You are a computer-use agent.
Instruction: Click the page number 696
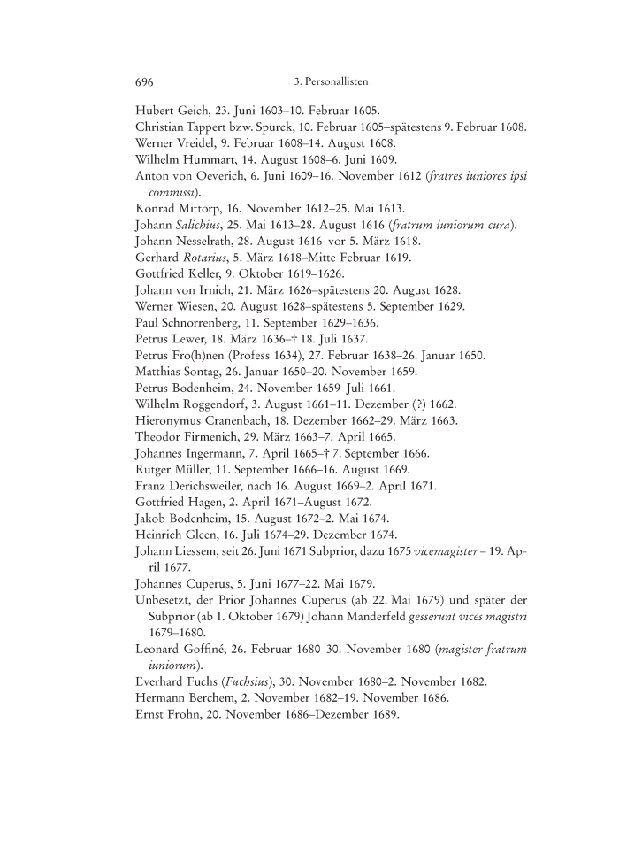144,82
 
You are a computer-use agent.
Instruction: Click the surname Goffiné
218,650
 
